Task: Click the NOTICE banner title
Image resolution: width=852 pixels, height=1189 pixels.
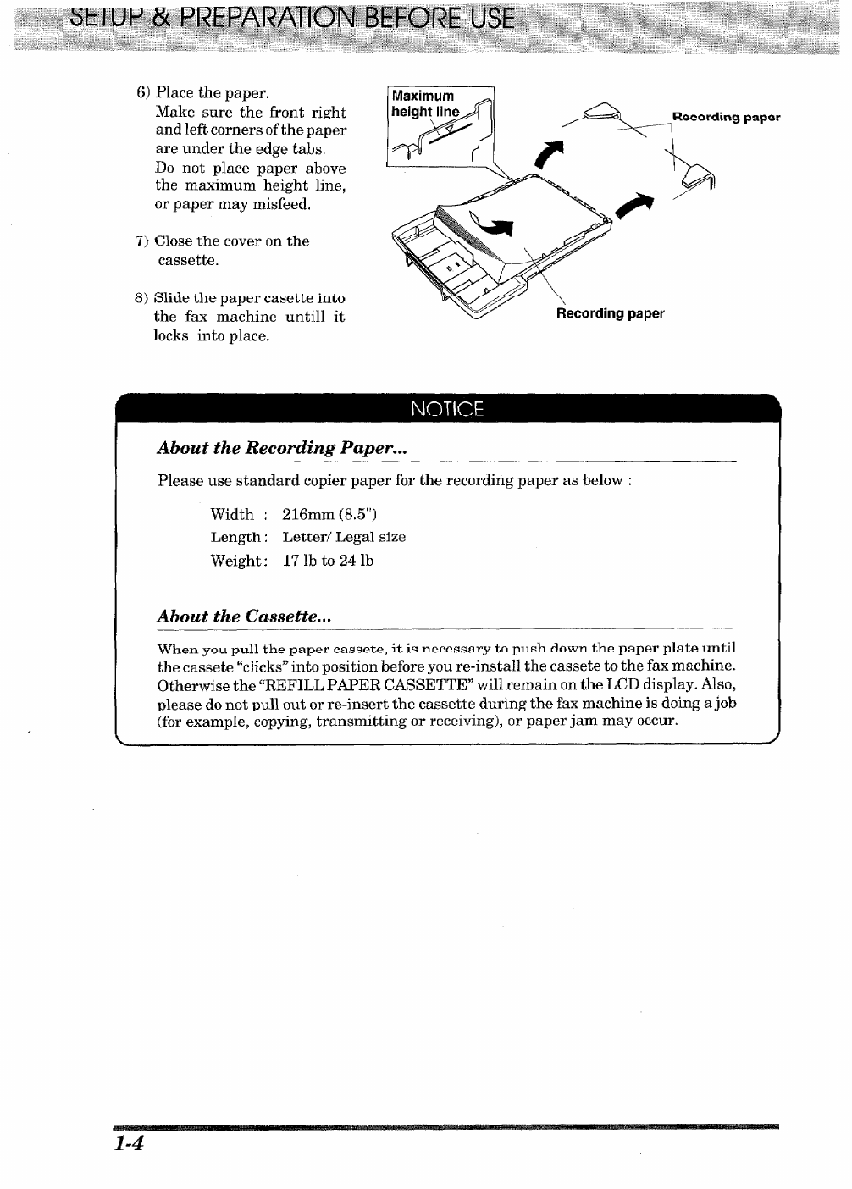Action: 446,409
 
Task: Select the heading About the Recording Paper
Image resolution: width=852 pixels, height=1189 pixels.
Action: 282,448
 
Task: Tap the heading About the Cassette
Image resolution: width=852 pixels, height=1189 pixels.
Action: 244,617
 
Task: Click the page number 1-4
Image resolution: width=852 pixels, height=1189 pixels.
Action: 130,1143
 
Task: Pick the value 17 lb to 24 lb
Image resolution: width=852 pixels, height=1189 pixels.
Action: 328,561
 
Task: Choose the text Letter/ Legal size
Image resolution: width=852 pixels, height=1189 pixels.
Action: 344,537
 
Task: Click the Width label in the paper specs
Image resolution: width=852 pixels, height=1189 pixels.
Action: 232,514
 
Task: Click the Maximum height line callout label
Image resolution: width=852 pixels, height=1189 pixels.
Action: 424,103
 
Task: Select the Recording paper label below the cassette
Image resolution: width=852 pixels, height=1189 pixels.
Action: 610,314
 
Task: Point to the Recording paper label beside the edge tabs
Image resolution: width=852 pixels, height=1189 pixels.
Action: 726,117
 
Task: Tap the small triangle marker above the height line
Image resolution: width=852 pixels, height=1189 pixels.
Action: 450,128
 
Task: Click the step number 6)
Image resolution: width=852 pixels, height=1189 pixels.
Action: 144,92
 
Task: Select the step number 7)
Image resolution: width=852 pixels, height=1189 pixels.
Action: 143,241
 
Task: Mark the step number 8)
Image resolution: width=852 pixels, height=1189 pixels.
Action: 142,298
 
